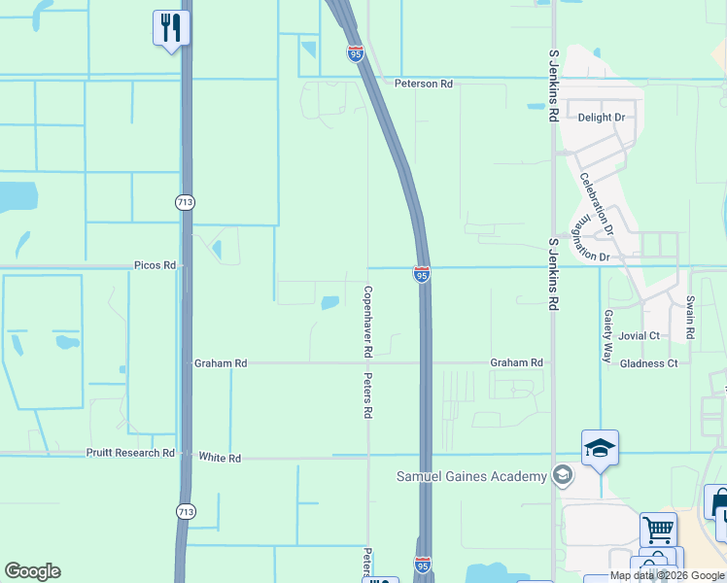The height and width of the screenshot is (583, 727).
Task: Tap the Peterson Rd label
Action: point(424,84)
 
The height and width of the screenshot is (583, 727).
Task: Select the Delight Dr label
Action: point(602,118)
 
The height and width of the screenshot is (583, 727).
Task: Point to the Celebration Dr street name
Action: point(596,204)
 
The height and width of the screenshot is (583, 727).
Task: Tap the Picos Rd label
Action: point(156,265)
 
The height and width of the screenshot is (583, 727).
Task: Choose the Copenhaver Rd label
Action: point(368,319)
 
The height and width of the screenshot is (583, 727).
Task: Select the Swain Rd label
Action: point(690,318)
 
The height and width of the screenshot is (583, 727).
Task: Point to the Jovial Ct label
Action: point(640,336)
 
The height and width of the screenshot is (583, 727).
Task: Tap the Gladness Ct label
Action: point(648,363)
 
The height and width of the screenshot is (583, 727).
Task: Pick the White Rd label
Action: point(219,457)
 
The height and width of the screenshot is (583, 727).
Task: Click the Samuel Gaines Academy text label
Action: point(471,476)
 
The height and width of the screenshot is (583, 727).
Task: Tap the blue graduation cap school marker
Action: point(601,448)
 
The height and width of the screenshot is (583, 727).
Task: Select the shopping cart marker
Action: point(658,531)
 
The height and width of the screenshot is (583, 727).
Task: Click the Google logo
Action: point(32,571)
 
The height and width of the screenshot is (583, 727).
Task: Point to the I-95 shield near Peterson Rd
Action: point(356,53)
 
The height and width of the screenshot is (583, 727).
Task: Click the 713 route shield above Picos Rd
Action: point(185,202)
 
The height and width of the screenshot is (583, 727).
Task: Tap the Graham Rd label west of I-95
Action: point(221,363)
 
